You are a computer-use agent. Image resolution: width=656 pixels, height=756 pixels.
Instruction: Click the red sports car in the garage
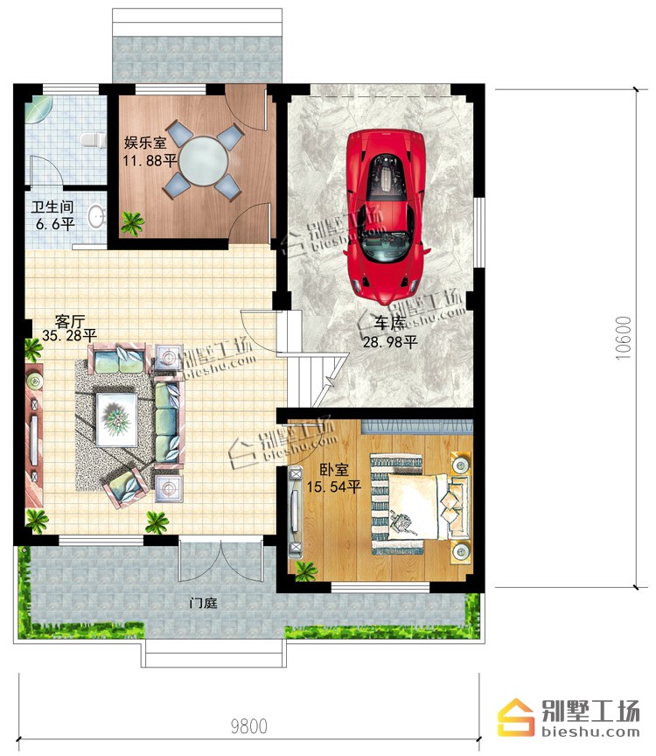[386, 217]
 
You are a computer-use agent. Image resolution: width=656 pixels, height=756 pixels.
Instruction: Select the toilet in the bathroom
[93, 140]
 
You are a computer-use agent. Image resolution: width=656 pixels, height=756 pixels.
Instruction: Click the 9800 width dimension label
[248, 726]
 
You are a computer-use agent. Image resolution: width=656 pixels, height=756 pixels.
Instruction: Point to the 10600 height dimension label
[623, 338]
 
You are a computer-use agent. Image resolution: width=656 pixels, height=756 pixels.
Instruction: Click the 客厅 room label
[70, 321]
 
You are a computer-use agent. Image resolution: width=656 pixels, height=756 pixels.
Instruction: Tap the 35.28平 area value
[69, 335]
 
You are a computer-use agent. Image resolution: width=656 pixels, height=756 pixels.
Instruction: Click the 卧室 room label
[334, 470]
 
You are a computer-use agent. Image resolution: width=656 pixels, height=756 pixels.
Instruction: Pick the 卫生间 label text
[52, 207]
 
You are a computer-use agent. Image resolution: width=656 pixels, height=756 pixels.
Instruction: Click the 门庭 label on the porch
[204, 603]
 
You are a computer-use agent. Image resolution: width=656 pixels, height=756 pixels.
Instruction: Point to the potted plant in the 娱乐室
[132, 224]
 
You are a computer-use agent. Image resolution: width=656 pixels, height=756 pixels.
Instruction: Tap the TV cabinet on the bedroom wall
[295, 512]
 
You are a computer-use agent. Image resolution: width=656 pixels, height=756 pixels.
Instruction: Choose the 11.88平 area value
[150, 160]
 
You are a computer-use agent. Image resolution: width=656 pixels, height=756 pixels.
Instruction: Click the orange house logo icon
[516, 717]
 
